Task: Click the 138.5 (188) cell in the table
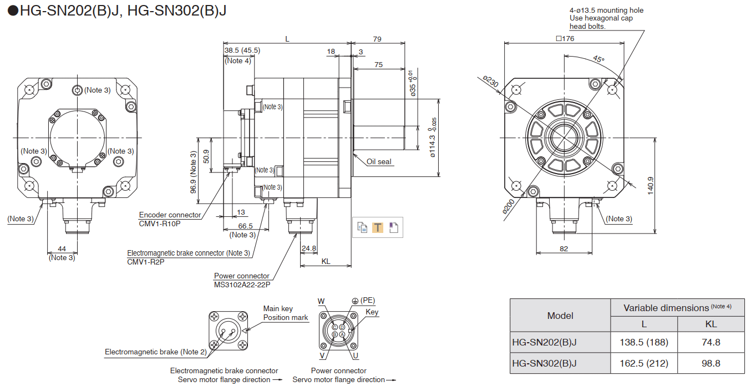[x=643, y=342]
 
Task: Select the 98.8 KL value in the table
[x=711, y=363]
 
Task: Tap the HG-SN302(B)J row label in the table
[x=544, y=363]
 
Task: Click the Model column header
[x=560, y=316]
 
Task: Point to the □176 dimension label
[x=565, y=38]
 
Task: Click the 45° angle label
[x=598, y=59]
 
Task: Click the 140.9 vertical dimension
[x=650, y=185]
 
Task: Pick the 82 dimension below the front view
[x=564, y=249]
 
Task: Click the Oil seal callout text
[x=379, y=162]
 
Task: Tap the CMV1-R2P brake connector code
[x=145, y=262]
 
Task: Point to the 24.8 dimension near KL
[x=309, y=248]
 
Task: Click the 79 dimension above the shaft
[x=377, y=39]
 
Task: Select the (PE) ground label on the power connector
[x=367, y=301]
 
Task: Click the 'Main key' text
[x=278, y=308]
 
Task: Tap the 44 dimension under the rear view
[x=62, y=249]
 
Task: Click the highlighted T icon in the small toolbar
[x=377, y=227]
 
